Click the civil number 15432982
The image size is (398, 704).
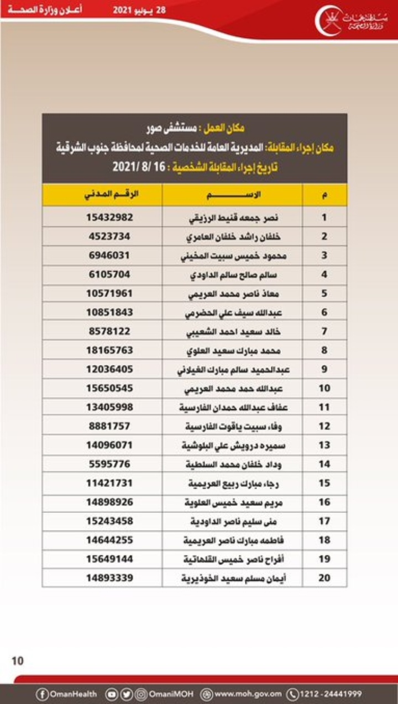coord(109,218)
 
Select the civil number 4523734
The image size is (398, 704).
coord(109,236)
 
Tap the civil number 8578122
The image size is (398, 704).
coord(109,331)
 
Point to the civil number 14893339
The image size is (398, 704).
coord(109,578)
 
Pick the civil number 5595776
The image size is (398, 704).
coord(109,464)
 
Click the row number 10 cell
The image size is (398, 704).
coord(324,388)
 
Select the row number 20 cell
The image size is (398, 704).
coord(324,578)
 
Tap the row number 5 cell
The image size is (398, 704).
coord(324,293)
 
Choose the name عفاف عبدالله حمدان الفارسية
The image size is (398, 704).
coord(239,407)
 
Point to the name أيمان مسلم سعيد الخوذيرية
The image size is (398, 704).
coord(238,578)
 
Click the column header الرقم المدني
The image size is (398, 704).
coord(111,195)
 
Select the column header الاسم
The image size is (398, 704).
coord(232,195)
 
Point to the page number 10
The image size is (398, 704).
coord(18,660)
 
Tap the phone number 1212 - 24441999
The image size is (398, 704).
coord(331,694)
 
